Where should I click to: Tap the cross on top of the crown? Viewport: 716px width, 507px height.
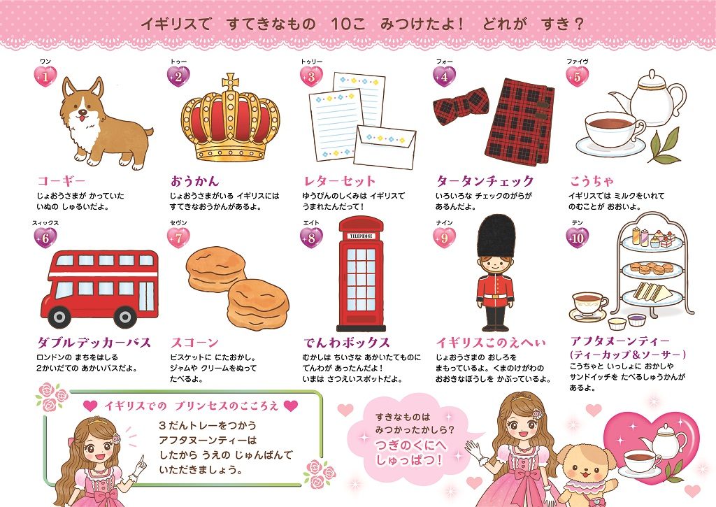pyautogui.click(x=231, y=83)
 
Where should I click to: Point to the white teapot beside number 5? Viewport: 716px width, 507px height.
pyautogui.click(x=648, y=97)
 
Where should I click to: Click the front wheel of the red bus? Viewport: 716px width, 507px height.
pyautogui.click(x=59, y=316)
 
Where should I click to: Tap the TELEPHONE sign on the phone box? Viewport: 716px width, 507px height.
pyautogui.click(x=361, y=236)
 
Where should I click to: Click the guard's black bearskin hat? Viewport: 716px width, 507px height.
pyautogui.click(x=496, y=236)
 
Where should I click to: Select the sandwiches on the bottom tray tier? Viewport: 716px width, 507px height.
pyautogui.click(x=654, y=292)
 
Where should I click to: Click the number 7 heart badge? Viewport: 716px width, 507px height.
pyautogui.click(x=178, y=238)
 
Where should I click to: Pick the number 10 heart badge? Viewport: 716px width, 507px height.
pyautogui.click(x=577, y=238)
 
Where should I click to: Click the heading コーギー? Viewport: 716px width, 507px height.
pyautogui.click(x=62, y=181)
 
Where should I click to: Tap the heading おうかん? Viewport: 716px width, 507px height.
pyautogui.click(x=195, y=181)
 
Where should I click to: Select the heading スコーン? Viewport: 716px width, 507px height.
pyautogui.click(x=195, y=342)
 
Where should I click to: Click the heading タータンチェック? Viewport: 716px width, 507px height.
pyautogui.click(x=485, y=181)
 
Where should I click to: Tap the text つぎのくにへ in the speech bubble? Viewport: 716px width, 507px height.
pyautogui.click(x=410, y=445)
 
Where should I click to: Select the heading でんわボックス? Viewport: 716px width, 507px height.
pyautogui.click(x=347, y=342)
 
